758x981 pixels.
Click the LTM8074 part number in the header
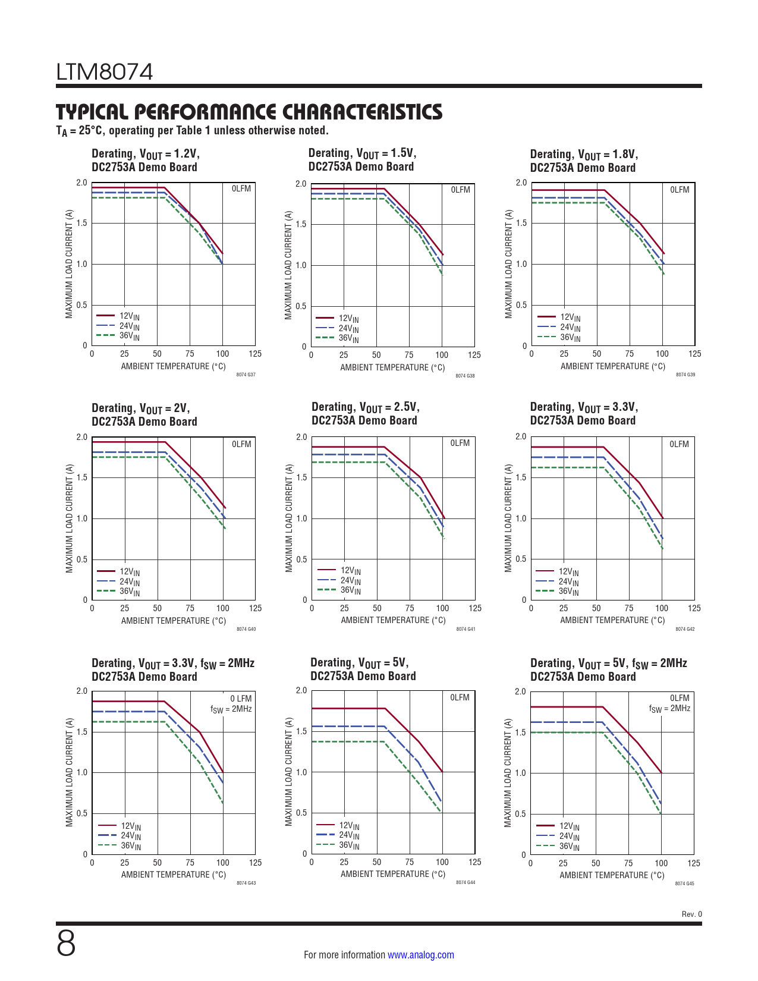point(105,72)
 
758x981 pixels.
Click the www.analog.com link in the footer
point(420,955)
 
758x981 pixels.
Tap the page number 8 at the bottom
point(66,944)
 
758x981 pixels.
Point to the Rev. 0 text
point(691,914)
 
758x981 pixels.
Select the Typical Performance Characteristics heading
point(249,112)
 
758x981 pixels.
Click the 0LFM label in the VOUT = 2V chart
point(241,444)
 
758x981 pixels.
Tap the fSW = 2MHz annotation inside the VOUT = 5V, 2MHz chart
point(669,709)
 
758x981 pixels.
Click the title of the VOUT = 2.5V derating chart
point(365,414)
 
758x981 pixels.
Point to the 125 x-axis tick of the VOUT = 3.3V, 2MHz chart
point(255,863)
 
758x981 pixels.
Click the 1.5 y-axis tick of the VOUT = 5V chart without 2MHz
point(301,731)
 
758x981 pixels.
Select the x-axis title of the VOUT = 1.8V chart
point(612,366)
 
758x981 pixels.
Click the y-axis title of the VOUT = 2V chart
point(69,518)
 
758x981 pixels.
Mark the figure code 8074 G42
point(685,629)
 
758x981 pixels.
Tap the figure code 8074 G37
point(246,375)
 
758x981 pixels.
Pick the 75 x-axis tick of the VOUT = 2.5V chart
point(410,608)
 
